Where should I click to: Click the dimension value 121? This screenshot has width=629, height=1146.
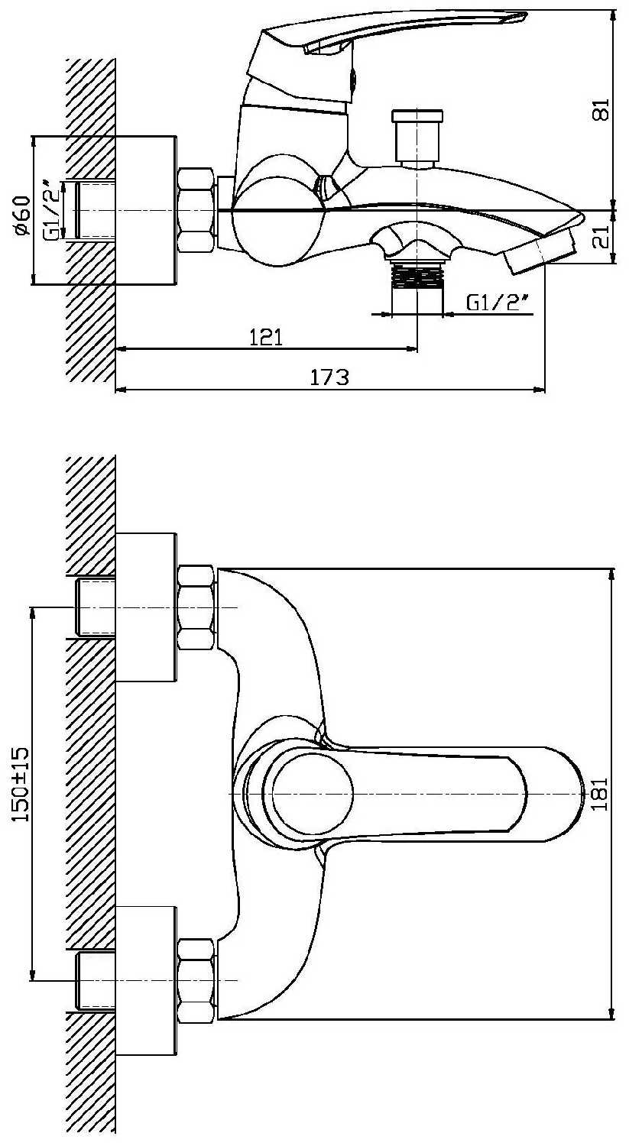point(266,338)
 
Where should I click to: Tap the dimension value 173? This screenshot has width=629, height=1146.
point(330,377)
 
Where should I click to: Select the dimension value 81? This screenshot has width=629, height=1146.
point(602,109)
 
